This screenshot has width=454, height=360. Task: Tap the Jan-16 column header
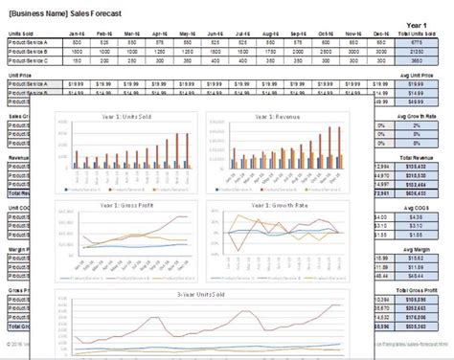[x=79, y=34]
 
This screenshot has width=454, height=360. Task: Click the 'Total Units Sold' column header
[x=416, y=34]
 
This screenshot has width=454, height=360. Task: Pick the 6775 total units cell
[x=416, y=42]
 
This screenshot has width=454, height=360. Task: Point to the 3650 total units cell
[x=416, y=59]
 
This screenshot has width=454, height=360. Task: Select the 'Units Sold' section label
[x=22, y=34]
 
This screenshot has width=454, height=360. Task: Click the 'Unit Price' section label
[x=20, y=74]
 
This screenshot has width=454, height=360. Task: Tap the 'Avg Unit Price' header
[x=416, y=74]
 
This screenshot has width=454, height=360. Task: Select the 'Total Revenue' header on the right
[x=416, y=155]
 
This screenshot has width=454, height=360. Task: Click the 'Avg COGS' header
[x=416, y=194]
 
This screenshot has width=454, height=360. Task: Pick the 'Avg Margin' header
[x=416, y=234]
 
